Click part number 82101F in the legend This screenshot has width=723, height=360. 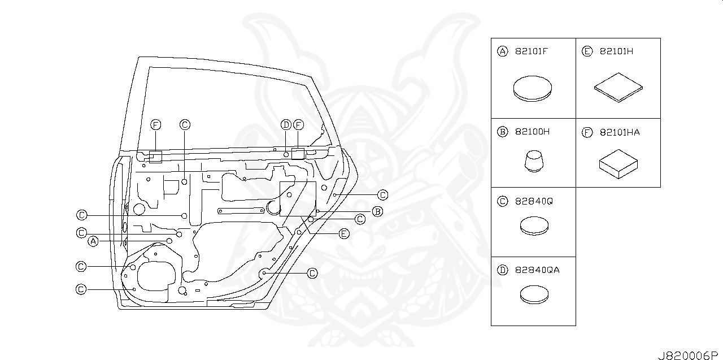pyautogui.click(x=531, y=51)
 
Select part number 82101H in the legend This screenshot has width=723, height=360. pyautogui.click(x=616, y=51)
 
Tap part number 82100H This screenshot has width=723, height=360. pyautogui.click(x=532, y=132)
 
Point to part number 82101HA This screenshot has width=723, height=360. pyautogui.click(x=619, y=132)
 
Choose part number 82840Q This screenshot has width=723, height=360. pyautogui.click(x=533, y=201)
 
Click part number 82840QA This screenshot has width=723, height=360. pyautogui.click(x=537, y=270)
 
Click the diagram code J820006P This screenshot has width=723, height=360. pyautogui.click(x=689, y=355)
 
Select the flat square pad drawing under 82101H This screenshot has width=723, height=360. pyautogui.click(x=619, y=88)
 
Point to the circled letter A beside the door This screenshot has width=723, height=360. pyautogui.click(x=94, y=241)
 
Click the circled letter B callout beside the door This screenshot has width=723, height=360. pyautogui.click(x=377, y=212)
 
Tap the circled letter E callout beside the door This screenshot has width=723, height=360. pyautogui.click(x=343, y=233)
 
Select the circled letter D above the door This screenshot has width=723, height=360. pyautogui.click(x=286, y=124)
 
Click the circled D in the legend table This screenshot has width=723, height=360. pyautogui.click(x=502, y=270)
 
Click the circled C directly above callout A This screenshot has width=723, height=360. pyautogui.click(x=82, y=232)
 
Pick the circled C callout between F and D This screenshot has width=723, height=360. pyautogui.click(x=185, y=124)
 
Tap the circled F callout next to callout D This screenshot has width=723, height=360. pyautogui.click(x=298, y=124)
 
